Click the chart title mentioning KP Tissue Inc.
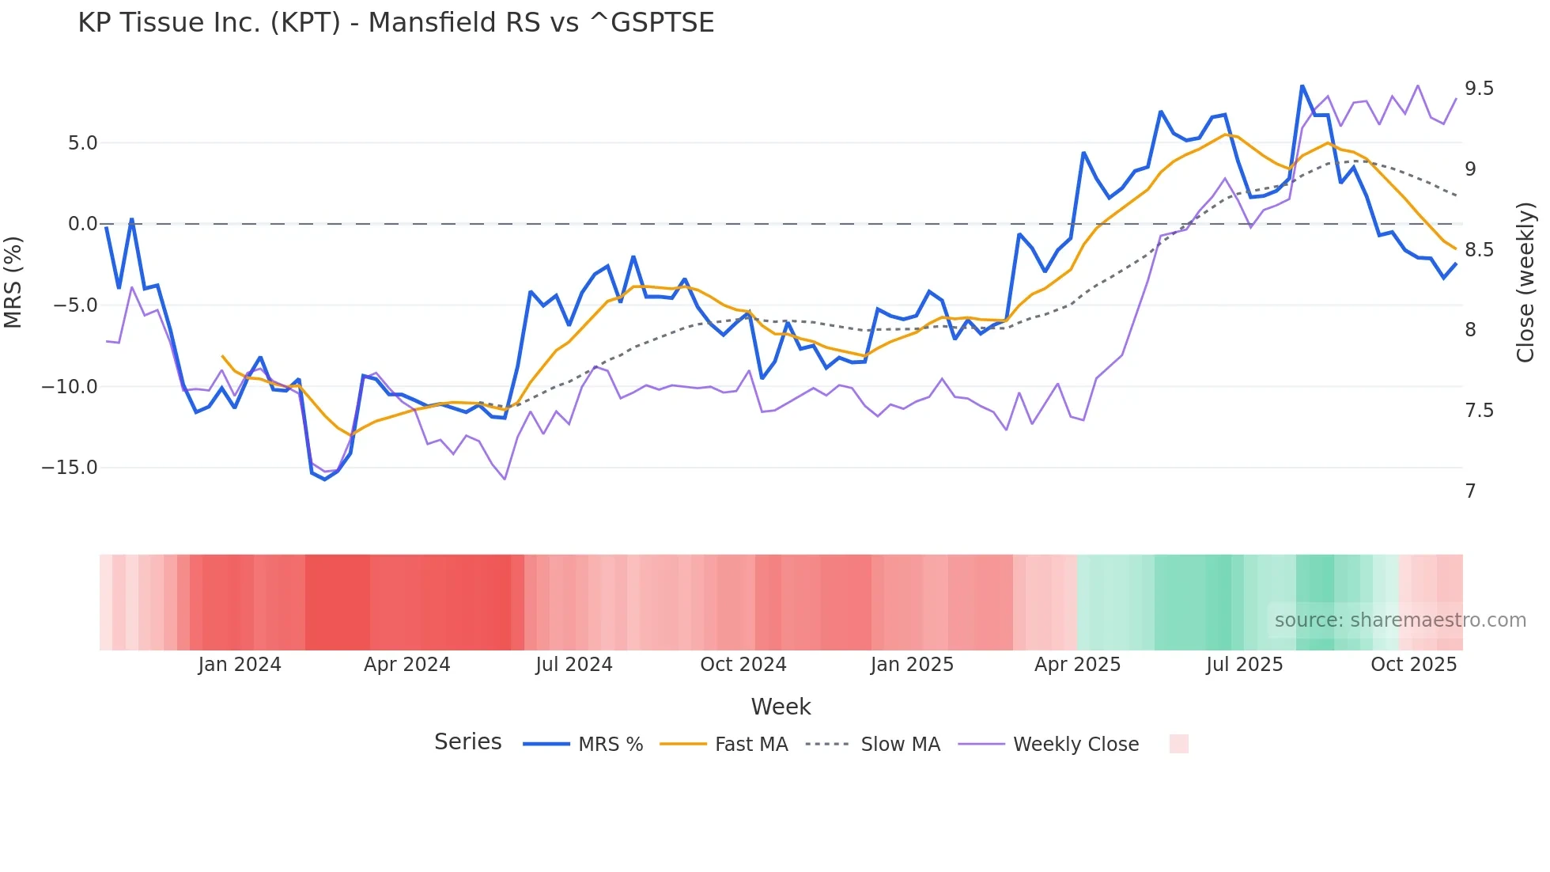395,23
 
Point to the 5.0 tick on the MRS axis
82,143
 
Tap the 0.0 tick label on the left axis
82,224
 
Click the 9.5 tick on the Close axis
1479,89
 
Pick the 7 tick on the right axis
1470,491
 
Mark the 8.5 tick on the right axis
1479,250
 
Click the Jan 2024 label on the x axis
240,665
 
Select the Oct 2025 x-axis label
1413,665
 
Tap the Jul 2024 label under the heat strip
574,665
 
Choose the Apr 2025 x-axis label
1077,665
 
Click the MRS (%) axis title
13,282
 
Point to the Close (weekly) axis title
1525,282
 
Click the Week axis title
781,707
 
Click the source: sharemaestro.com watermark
1400,620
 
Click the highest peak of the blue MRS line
1302,86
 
